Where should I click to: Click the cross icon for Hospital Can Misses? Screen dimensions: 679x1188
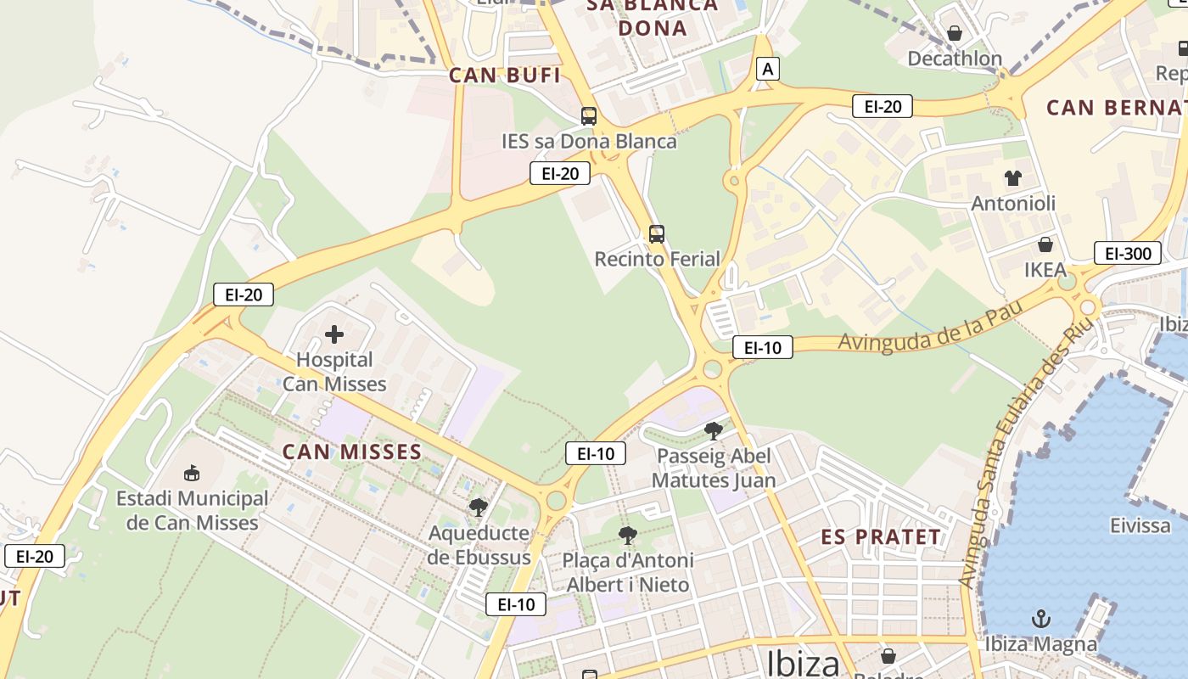[334, 334]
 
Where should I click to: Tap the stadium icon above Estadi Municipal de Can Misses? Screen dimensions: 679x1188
[192, 473]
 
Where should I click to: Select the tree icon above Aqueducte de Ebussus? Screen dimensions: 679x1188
[479, 508]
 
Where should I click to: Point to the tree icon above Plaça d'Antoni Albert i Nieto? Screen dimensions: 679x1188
[628, 535]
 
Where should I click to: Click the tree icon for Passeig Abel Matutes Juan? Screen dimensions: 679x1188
[714, 430]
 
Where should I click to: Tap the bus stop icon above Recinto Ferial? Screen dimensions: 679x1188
[657, 233]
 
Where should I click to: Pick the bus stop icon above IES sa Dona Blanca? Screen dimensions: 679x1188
[589, 116]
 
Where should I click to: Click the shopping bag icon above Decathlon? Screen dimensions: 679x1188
[955, 33]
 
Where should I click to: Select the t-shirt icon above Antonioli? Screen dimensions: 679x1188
[1013, 178]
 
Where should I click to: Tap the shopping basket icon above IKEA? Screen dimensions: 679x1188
[1045, 244]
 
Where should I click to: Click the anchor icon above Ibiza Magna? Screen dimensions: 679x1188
[1041, 619]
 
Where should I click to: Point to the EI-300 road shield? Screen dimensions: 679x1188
[1128, 253]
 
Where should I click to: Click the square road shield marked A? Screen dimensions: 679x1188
[768, 69]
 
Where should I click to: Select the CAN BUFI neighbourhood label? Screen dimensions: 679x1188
[504, 76]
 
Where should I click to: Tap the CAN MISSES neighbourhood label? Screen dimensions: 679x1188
[351, 452]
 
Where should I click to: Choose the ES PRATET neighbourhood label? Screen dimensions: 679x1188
[881, 537]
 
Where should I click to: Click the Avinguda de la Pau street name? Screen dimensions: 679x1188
[928, 328]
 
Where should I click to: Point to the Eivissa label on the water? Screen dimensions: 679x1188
[1140, 526]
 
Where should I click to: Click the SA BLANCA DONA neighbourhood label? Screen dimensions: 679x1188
[653, 17]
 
